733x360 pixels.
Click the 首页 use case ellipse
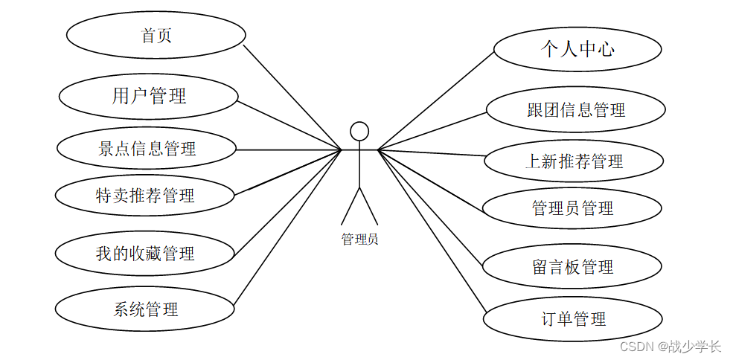tap(156, 36)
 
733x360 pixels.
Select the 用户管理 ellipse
tap(149, 95)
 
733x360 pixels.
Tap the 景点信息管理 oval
tap(147, 149)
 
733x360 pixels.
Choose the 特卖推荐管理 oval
tap(145, 196)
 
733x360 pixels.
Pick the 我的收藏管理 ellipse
tap(145, 254)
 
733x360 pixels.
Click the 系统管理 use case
tap(145, 309)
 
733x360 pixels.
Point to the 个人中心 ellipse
tap(577, 50)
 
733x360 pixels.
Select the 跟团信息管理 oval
tap(575, 110)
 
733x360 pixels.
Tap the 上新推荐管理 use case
tap(574, 161)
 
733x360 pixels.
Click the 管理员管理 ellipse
tap(572, 208)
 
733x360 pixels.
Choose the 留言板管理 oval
tap(572, 266)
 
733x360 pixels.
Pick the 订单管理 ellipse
tap(572, 320)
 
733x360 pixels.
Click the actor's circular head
tap(359, 131)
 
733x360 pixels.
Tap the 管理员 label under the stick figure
tap(359, 240)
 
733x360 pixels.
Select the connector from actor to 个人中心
tap(436, 100)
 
